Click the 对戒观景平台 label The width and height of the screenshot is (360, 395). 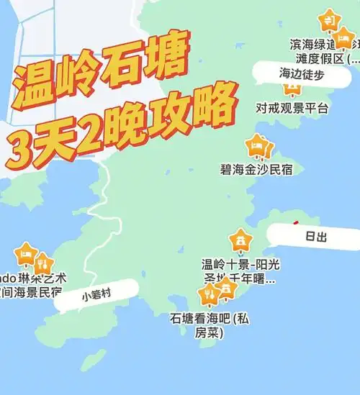click(292, 109)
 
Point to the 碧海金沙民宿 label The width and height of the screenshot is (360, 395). click(257, 170)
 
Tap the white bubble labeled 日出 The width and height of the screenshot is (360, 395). click(314, 236)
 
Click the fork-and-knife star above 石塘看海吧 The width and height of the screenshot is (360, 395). click(209, 294)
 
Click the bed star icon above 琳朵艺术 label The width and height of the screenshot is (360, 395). click(27, 254)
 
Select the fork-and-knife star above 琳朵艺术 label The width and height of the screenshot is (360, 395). click(42, 263)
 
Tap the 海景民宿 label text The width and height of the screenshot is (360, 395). click(37, 292)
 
